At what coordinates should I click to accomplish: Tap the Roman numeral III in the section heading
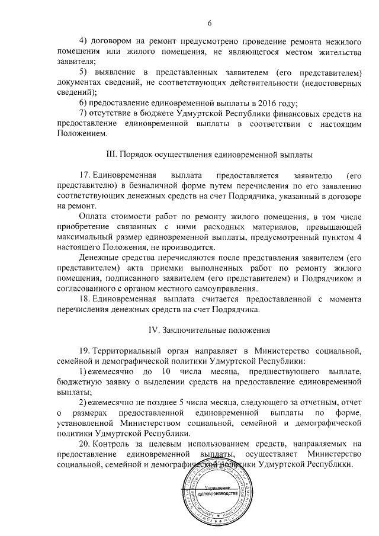coord(110,154)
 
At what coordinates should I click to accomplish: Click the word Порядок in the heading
coord(136,154)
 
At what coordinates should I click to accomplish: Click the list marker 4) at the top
coord(82,40)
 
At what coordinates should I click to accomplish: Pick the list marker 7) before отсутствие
coord(82,113)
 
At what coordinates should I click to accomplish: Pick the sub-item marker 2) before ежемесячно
coord(83,402)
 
